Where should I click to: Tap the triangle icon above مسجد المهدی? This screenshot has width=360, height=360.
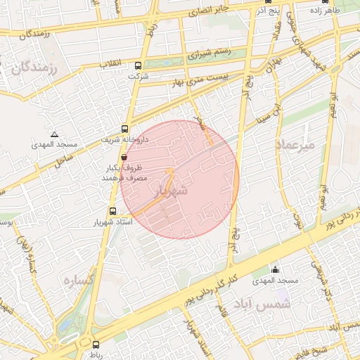[x=53, y=134]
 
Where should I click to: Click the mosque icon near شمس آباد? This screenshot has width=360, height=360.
[x=276, y=270]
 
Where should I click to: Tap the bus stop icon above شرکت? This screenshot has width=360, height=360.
[x=137, y=66]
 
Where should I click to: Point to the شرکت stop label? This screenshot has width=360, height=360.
[x=137, y=76]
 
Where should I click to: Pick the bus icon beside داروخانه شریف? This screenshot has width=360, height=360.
[x=124, y=129]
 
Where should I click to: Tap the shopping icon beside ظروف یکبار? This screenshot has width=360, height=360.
[x=124, y=158]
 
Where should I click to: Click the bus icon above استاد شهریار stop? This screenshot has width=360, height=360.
[x=112, y=211]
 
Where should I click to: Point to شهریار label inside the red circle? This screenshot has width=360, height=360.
[x=174, y=191]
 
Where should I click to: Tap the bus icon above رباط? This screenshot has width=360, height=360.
[x=96, y=345]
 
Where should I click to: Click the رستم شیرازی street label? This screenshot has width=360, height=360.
[x=211, y=53]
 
